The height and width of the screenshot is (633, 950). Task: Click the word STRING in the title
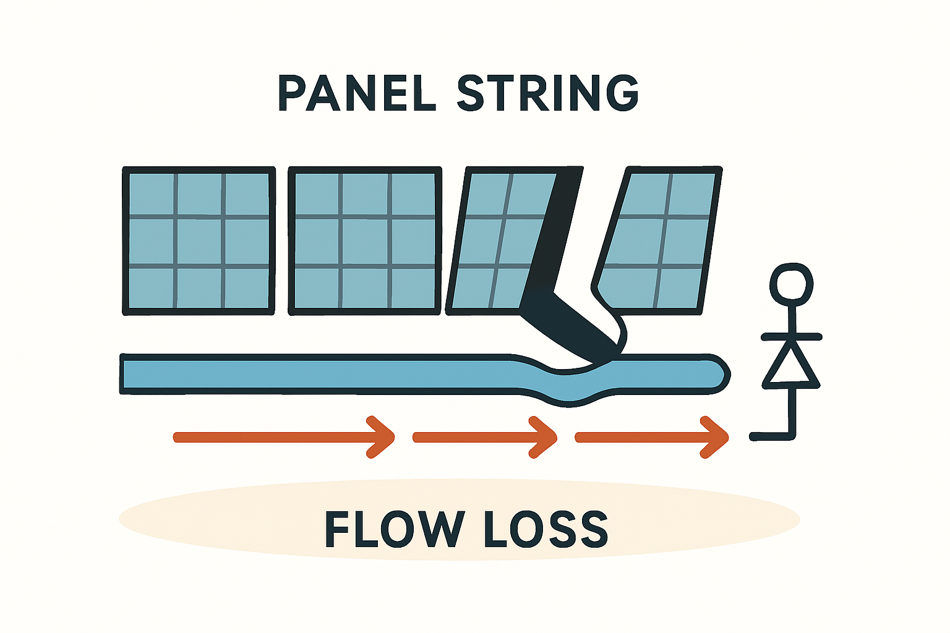point(548,93)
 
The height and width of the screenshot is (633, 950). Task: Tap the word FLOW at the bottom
point(394,529)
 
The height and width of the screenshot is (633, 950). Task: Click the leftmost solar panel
point(199,240)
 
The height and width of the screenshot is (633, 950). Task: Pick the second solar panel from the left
point(365,240)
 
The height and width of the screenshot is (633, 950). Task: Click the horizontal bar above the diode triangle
point(791,337)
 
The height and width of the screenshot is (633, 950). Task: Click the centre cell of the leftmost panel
point(199,242)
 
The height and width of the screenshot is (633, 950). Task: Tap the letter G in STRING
point(620,93)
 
